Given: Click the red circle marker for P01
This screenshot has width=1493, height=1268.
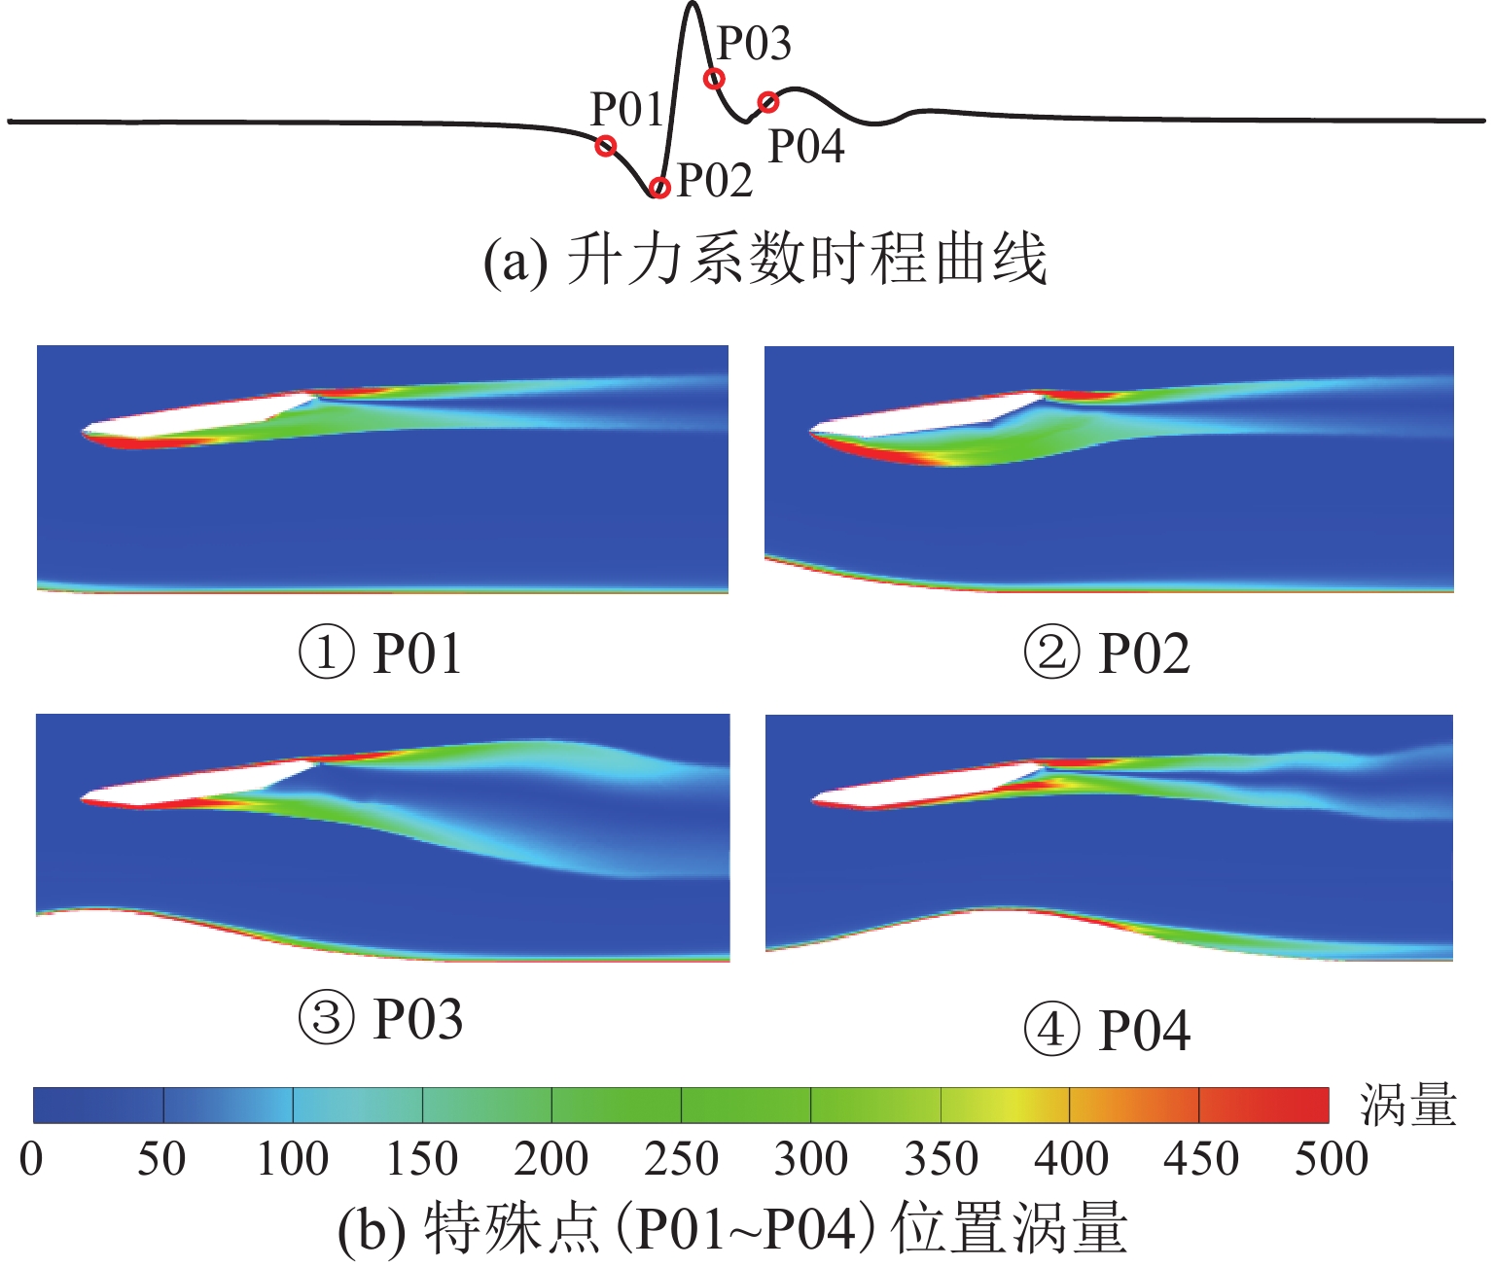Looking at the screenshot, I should point(606,147).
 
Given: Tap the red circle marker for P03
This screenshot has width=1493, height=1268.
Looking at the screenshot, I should point(714,79).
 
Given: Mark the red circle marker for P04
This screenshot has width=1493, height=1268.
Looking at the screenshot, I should point(767,101).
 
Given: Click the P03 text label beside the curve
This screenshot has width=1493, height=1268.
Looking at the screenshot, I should point(754,44).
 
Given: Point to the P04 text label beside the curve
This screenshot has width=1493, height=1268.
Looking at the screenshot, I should point(806,147).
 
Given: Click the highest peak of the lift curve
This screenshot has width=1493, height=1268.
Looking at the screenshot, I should point(692,6).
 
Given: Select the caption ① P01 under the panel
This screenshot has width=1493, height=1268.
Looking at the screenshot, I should point(379,652).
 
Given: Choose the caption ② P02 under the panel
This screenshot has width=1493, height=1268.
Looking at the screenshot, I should point(1107,652).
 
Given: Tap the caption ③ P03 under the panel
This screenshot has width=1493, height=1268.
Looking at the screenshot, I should point(379,1018).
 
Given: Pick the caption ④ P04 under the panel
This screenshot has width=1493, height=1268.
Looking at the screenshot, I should point(1107,1030).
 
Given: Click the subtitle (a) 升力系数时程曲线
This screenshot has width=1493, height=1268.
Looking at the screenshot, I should point(765,260).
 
